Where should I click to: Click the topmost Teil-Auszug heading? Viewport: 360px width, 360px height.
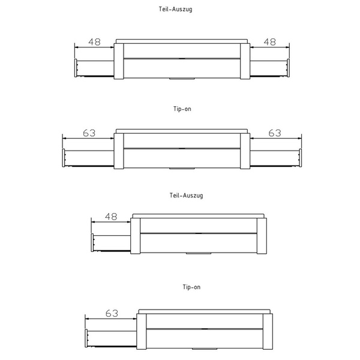175,10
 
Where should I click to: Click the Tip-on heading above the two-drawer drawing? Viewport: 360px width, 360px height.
182,109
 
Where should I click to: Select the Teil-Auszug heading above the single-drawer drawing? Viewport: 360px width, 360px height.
186,196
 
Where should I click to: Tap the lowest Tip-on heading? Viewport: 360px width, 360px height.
191,287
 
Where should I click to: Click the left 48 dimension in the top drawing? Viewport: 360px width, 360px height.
95,42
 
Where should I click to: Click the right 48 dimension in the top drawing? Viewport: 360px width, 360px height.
270,42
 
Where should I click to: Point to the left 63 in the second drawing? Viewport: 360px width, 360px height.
89,133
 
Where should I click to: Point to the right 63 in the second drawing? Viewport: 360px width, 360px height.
275,133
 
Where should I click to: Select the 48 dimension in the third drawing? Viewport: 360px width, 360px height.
111,217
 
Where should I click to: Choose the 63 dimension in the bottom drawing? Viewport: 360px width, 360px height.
112,313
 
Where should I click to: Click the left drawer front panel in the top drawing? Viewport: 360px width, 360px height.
76,68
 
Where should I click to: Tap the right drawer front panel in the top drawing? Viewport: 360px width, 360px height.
288,68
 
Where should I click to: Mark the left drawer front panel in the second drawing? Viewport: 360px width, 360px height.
64,158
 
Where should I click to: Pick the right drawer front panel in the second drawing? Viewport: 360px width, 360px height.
301,158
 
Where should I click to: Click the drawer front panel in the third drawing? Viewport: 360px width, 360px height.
92,242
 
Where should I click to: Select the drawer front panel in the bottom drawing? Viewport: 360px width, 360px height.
86,338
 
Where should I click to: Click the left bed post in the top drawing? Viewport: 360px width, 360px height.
119,61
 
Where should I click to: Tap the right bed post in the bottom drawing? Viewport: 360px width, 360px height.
268,332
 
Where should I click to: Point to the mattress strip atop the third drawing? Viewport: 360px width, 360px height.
199,216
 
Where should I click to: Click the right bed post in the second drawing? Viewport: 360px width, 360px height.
245,151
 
